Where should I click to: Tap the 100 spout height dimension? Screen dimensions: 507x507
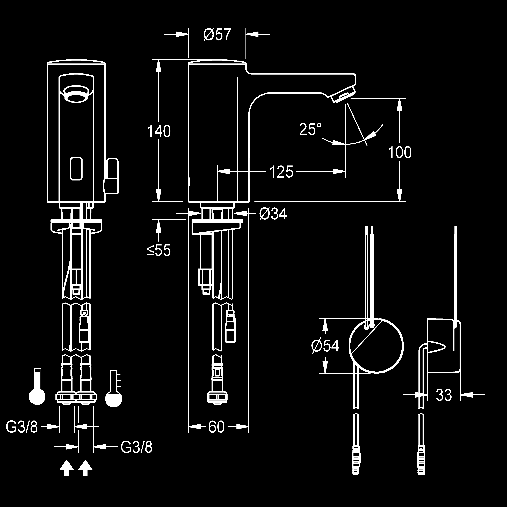coord(400,153)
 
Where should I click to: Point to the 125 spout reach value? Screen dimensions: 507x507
coord(281,172)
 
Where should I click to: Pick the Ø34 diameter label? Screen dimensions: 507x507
coord(273,214)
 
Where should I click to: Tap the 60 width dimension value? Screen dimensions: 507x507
coord(216,427)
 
